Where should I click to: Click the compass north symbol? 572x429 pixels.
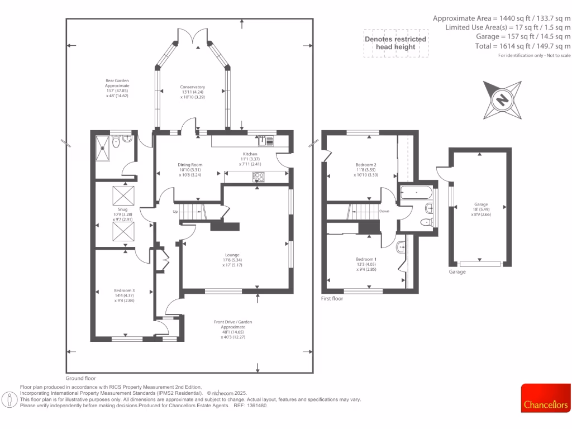click(x=503, y=100)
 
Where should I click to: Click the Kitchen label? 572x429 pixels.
click(x=249, y=154)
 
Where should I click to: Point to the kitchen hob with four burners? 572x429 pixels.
click(x=259, y=177)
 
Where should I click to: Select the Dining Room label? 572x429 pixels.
click(x=190, y=165)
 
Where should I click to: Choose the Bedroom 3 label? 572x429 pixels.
click(x=125, y=290)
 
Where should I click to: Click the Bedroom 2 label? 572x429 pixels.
click(x=366, y=165)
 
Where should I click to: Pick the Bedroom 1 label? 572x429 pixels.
click(x=366, y=259)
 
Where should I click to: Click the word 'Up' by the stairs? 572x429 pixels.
click(x=175, y=212)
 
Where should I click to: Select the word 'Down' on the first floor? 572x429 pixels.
click(x=384, y=212)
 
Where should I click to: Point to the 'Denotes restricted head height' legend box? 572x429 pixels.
click(x=395, y=43)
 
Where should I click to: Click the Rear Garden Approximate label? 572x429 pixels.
click(x=117, y=88)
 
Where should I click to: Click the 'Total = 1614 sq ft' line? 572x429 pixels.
click(x=522, y=46)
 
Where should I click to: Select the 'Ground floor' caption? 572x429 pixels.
click(x=80, y=378)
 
